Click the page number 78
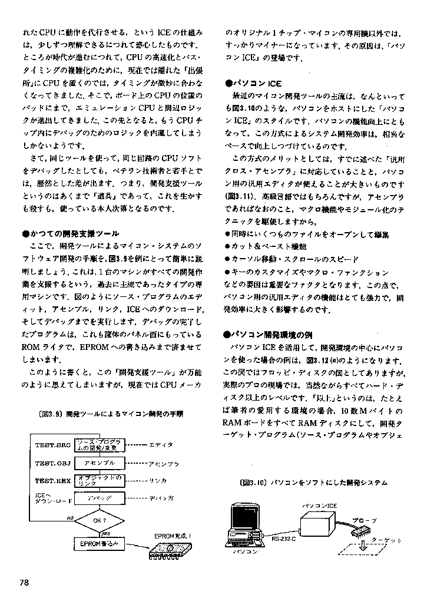24,582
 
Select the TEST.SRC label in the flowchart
52,445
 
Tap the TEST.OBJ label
52,463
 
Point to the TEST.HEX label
52,481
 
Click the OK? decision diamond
99,520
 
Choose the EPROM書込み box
99,543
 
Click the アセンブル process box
99,463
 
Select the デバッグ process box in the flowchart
99,498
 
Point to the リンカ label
158,481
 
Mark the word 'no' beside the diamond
70,518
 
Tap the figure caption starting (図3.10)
314,483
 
